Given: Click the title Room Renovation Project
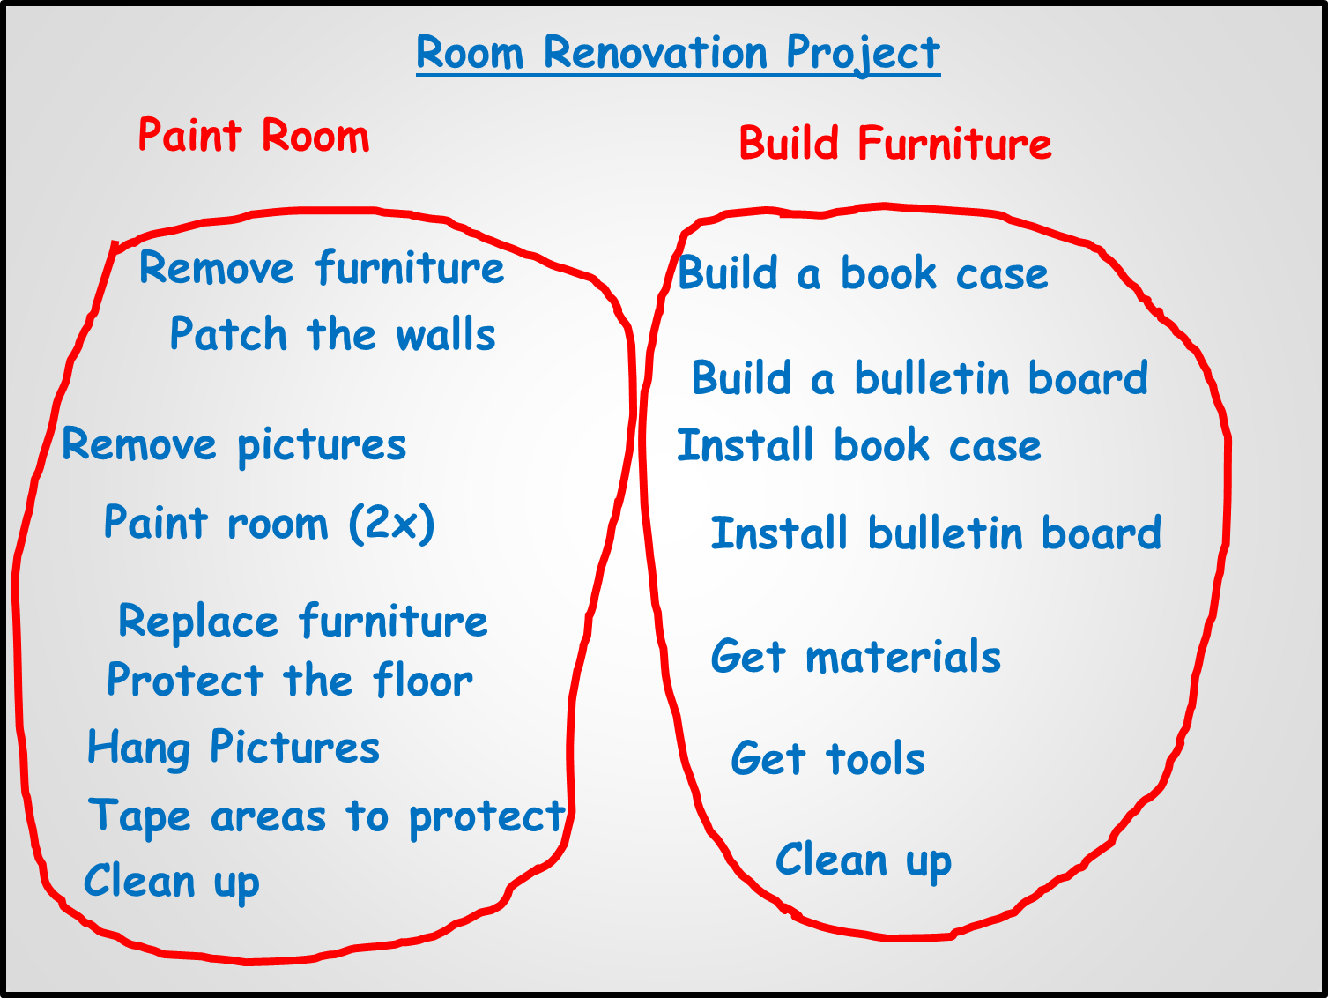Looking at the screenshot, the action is [679, 53].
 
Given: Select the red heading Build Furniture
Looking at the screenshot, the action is [895, 143].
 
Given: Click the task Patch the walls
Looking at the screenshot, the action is [333, 333].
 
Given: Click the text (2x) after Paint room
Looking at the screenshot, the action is [392, 524].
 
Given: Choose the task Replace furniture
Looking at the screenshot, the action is [303, 621].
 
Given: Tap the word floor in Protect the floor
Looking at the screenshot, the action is [423, 679].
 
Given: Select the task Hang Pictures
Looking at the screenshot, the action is [234, 748].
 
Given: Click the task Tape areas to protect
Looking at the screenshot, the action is [327, 817].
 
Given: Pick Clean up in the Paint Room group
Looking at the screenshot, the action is [172, 883].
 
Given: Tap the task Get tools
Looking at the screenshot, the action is [828, 757].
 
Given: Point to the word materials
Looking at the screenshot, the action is [903, 656].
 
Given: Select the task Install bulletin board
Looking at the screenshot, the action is [936, 533].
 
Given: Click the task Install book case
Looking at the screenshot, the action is [859, 445].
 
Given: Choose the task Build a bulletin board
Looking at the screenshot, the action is [920, 376].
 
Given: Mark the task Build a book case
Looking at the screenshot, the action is [863, 272].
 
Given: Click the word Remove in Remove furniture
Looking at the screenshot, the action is [217, 267].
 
